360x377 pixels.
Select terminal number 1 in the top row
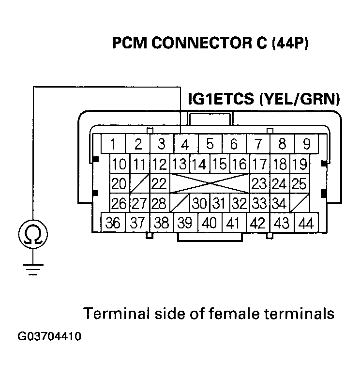click(112, 145)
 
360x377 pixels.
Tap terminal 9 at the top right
click(306, 145)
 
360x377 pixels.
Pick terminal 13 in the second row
click(179, 165)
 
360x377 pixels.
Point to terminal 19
click(300, 165)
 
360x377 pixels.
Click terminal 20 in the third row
click(119, 184)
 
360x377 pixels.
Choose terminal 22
click(159, 184)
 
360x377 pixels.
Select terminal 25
click(300, 184)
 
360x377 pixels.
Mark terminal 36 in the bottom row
click(113, 223)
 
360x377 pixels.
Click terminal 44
click(306, 223)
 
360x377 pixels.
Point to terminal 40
click(210, 223)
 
